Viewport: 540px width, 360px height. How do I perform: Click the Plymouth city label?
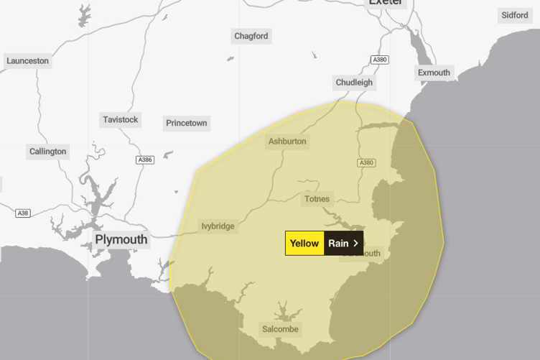[121, 239]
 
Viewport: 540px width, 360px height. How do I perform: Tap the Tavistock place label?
[121, 119]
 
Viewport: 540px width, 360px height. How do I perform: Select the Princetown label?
[187, 123]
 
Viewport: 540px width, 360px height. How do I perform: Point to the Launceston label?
[28, 61]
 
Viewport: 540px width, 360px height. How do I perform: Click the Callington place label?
[48, 152]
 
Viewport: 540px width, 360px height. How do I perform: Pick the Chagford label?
[251, 36]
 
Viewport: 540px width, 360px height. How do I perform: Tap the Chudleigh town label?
[354, 83]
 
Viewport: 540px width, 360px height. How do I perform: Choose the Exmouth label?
[434, 73]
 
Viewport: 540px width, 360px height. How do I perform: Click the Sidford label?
[515, 15]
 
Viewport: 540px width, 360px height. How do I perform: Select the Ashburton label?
[287, 142]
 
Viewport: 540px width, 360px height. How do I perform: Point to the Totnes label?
[317, 199]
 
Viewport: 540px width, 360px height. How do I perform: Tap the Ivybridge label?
[218, 226]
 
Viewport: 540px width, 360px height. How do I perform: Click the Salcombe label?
[279, 329]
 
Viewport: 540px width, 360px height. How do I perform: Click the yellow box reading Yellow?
[304, 243]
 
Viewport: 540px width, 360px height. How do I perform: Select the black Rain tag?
[338, 243]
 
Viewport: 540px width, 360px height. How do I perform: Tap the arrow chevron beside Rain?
[355, 243]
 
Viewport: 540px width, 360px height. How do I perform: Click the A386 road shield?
[145, 160]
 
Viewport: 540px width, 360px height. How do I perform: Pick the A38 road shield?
[23, 213]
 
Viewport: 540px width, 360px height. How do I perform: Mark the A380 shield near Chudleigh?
[380, 60]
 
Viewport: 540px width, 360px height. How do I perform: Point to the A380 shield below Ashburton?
[366, 163]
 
